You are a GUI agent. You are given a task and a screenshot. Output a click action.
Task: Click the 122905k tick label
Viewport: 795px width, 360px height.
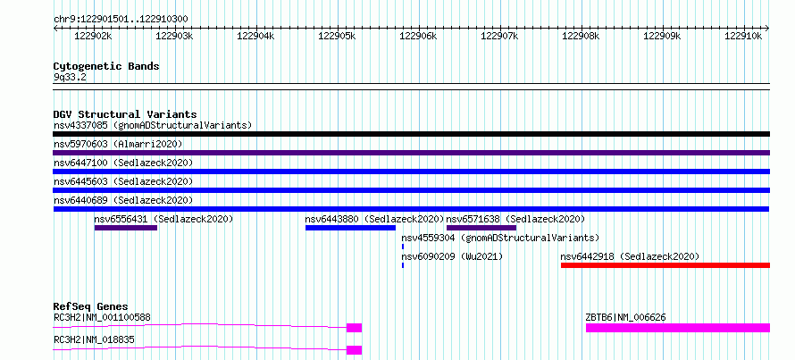tap(337, 36)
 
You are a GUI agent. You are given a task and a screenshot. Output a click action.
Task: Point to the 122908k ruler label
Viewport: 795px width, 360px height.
tap(581, 36)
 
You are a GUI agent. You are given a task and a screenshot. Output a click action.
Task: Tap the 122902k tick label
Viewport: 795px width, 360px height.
tap(93, 36)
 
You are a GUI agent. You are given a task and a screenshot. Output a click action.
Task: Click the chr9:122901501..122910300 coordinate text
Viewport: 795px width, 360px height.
tap(121, 20)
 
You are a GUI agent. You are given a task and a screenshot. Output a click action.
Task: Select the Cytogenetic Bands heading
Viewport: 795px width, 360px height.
tap(106, 66)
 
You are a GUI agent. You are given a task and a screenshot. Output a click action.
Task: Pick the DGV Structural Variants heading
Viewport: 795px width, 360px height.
tap(125, 114)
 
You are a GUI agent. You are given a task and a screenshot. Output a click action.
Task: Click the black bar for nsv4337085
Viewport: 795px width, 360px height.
tap(411, 134)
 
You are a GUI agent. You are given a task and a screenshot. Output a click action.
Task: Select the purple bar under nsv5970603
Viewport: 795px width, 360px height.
tap(411, 153)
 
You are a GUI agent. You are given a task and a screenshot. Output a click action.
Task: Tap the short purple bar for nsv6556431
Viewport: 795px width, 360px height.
tap(126, 228)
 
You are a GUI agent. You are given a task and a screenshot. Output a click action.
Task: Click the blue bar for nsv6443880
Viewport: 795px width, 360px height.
tap(350, 228)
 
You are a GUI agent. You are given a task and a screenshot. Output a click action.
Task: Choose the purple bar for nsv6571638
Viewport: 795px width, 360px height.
tap(481, 228)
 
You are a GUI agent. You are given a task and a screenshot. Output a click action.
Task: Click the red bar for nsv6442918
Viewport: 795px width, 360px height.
tap(665, 265)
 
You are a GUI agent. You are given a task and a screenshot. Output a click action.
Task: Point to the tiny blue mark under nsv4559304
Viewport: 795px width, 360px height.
tap(403, 247)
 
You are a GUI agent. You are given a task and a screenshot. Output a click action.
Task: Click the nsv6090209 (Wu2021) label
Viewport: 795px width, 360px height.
tap(452, 257)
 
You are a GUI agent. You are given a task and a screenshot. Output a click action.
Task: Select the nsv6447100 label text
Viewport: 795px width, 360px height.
tap(80, 163)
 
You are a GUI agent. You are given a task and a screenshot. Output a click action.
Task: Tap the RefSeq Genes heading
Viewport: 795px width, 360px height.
tap(90, 306)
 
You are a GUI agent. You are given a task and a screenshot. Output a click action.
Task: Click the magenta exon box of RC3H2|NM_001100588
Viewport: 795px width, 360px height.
tap(354, 328)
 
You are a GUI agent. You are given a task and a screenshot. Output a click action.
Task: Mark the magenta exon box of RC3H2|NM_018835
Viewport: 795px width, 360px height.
tap(354, 350)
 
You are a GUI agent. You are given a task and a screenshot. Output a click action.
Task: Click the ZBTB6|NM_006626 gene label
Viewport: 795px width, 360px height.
tap(625, 318)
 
